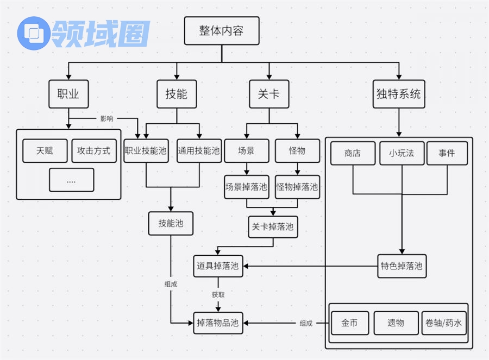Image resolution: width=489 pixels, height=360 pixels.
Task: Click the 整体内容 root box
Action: tap(221, 30)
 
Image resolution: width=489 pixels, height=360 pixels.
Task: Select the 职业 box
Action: tap(68, 94)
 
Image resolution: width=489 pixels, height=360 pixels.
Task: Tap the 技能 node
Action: tap(176, 94)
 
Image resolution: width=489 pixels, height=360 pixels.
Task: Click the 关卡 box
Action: tap(269, 94)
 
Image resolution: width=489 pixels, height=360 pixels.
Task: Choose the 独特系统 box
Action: tap(398, 94)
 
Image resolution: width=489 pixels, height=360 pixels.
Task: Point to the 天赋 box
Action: tap(45, 150)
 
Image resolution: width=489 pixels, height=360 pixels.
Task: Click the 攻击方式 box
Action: tap(94, 150)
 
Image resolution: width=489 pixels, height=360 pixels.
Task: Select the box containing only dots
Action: tap(71, 180)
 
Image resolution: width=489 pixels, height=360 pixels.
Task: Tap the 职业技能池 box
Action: tap(146, 150)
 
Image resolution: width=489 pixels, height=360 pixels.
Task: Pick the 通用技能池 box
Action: tap(199, 150)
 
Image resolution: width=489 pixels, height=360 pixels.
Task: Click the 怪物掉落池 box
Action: tap(297, 187)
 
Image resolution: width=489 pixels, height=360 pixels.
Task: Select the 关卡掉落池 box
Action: tap(273, 226)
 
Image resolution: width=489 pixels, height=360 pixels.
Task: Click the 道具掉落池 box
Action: tap(218, 266)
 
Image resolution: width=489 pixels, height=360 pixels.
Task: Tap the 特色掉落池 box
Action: tap(402, 266)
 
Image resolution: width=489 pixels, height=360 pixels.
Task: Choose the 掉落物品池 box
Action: tap(218, 323)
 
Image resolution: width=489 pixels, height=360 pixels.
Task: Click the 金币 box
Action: tap(349, 323)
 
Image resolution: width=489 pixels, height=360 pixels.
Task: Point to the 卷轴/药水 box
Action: tap(443, 323)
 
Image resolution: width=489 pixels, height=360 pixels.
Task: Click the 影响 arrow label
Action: tap(106, 118)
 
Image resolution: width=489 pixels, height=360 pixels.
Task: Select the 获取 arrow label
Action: tap(218, 294)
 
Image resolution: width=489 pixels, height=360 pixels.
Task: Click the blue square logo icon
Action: tap(34, 33)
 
